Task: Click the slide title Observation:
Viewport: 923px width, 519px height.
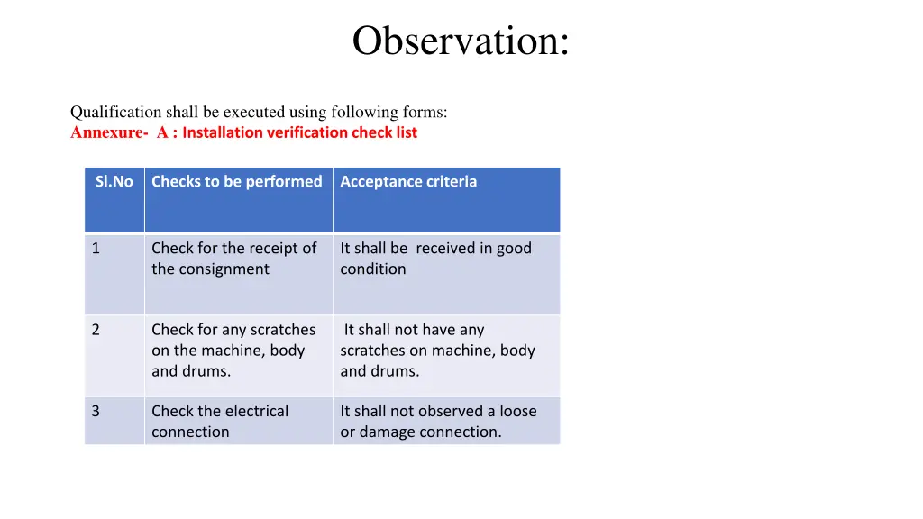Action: tap(461, 41)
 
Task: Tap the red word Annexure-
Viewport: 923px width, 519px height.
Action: tap(109, 132)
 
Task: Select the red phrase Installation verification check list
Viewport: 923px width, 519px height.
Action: tap(300, 132)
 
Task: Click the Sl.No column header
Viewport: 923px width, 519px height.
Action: tap(114, 182)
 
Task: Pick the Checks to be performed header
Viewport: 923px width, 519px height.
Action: tap(236, 182)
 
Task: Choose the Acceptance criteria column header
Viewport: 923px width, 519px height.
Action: tap(408, 182)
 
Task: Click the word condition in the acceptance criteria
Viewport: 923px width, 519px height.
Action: tap(372, 269)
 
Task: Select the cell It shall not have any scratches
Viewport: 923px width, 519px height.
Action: tap(437, 351)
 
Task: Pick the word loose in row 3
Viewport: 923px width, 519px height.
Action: tap(518, 411)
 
